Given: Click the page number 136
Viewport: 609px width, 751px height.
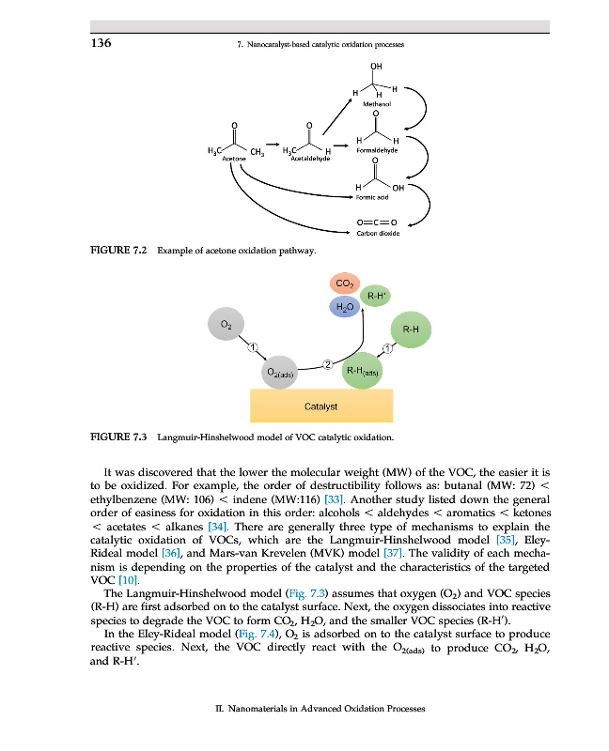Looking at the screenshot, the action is tap(101, 43).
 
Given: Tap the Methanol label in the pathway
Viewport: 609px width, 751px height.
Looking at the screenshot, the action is tap(377, 104).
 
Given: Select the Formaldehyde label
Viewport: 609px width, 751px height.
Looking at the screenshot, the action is tap(377, 150).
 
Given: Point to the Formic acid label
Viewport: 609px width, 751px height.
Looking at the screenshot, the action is tap(372, 197).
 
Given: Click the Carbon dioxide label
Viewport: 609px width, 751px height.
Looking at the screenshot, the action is tap(378, 233).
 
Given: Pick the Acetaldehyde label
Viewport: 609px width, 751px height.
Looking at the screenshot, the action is tap(311, 159).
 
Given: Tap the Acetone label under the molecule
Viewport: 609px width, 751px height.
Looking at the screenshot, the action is tap(234, 159).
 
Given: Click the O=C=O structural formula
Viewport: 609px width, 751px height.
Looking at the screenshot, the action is tap(377, 222).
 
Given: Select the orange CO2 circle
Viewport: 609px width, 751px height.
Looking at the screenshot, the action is tap(345, 284).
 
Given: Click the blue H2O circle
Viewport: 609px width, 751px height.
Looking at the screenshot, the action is tap(345, 307).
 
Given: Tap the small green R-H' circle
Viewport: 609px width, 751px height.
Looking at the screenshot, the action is tap(376, 296).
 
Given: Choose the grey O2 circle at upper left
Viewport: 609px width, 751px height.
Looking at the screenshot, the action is tap(226, 324).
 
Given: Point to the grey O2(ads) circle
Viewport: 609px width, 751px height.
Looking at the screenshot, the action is tap(279, 372).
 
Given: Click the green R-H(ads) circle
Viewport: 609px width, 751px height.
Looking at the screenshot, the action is tap(362, 371).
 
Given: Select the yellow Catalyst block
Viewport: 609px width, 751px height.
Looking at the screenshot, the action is tap(321, 406).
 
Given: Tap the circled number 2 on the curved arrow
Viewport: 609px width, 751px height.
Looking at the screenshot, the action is tap(328, 365).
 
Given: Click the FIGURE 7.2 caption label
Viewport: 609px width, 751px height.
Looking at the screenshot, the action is tap(118, 250).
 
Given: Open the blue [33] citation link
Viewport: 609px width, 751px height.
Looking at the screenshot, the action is tap(334, 499).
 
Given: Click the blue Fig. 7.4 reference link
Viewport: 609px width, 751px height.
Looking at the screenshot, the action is tap(257, 635).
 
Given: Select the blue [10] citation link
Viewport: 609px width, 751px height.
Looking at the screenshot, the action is tap(129, 580).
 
